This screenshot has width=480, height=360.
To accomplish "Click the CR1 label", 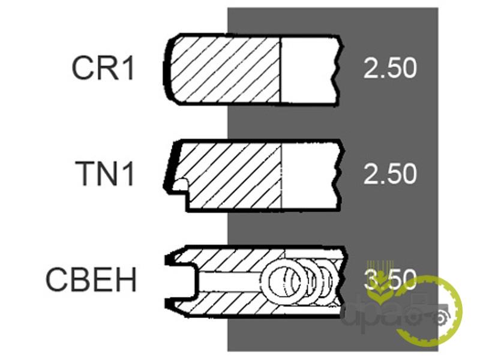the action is tap(103, 68).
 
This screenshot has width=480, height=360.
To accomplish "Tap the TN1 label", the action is tap(104, 173).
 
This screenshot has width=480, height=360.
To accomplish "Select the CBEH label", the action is tap(91, 279).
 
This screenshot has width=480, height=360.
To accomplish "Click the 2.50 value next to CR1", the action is tap(390, 68).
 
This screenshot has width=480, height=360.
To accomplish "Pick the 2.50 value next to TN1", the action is tap(390, 173).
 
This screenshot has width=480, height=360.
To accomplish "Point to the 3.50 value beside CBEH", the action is tap(390, 280).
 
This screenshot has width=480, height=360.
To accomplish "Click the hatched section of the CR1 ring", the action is tap(225, 70).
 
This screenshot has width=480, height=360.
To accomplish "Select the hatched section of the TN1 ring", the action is tap(230, 176).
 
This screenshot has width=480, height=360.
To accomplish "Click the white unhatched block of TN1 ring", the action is tap(310, 176).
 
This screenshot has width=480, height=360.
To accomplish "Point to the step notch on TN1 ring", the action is tap(181, 185).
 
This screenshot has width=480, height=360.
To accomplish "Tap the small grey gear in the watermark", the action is tap(440, 319).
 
